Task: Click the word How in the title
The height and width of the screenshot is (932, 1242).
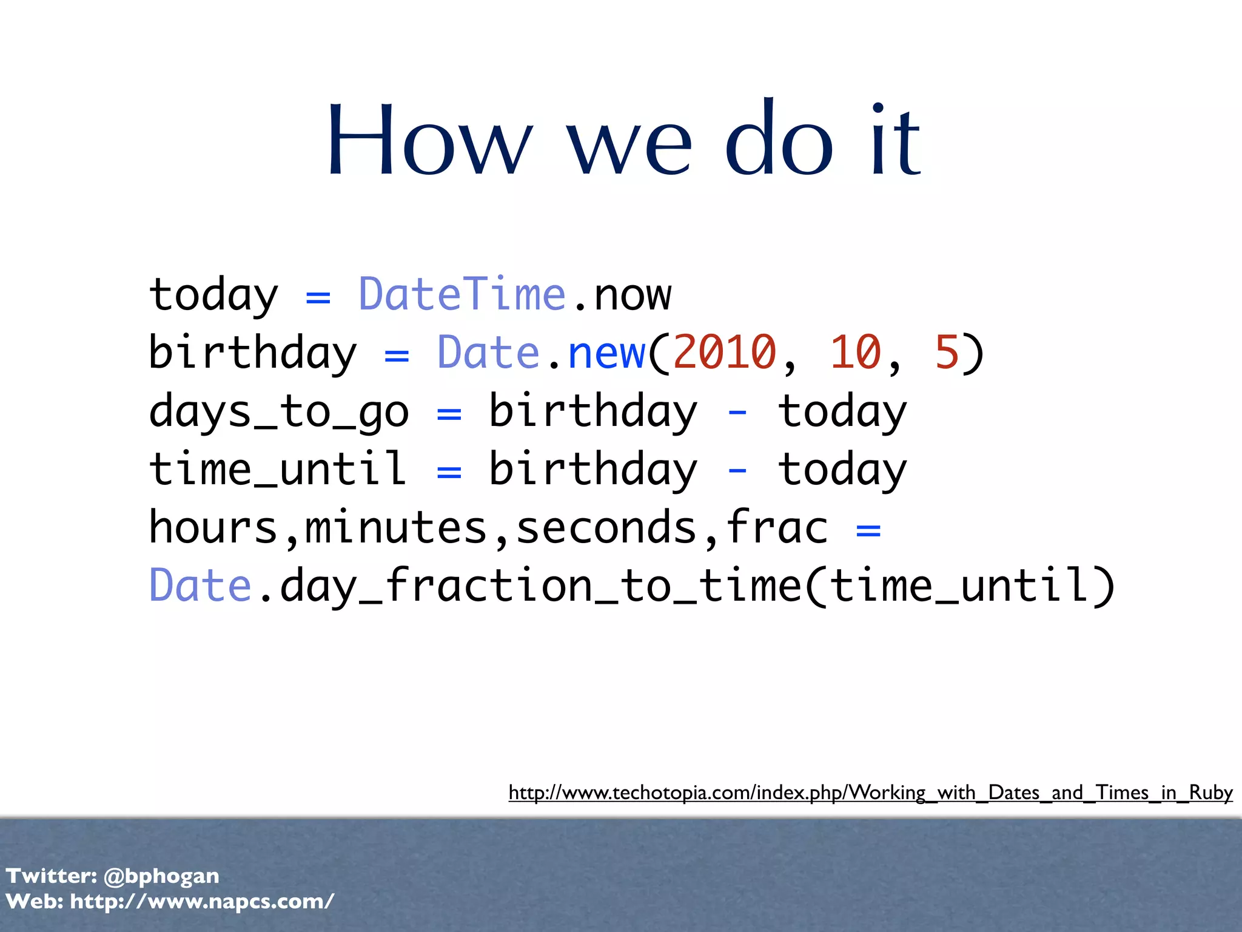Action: click(429, 141)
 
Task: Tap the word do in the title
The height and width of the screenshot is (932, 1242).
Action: click(779, 141)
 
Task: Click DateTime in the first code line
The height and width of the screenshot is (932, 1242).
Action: click(462, 294)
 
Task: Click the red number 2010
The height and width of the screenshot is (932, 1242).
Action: click(724, 353)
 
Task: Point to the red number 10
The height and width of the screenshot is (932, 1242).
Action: click(855, 353)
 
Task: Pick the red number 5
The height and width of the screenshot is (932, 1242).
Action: click(947, 353)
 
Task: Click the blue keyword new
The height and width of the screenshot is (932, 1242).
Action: click(606, 353)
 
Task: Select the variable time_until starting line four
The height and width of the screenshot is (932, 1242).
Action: click(278, 469)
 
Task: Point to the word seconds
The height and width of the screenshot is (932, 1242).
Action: click(606, 527)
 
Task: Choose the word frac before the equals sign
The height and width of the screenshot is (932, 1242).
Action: click(777, 527)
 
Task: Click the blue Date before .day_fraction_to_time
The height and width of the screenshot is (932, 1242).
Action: click(200, 586)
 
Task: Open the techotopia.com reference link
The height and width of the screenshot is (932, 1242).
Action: click(870, 792)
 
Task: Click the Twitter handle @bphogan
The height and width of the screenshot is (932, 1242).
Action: click(161, 876)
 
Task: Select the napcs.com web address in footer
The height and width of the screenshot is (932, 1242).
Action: click(202, 902)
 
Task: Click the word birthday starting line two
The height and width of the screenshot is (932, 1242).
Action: click(253, 353)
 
